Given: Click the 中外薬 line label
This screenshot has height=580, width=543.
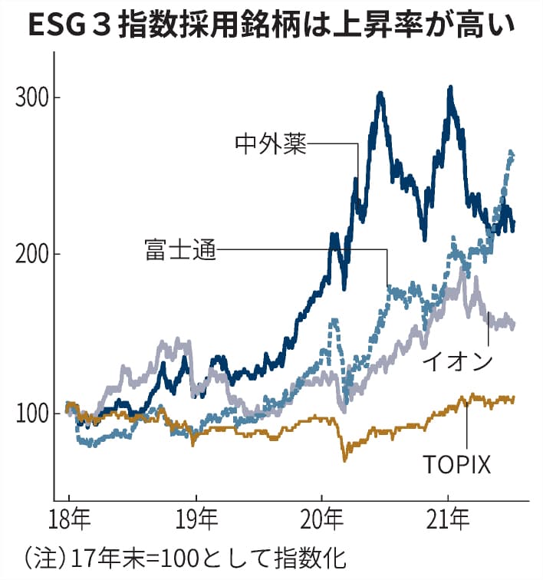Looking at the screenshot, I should coord(270,143).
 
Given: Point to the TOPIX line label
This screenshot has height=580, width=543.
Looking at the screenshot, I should coord(456,464).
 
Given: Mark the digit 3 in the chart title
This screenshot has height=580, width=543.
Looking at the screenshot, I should coord(106,26).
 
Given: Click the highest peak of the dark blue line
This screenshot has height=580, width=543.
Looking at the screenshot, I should coord(450,88).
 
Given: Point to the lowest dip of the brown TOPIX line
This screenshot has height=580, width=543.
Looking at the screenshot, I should coord(345,460).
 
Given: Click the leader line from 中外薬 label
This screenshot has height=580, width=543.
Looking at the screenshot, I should coord(334,143).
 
